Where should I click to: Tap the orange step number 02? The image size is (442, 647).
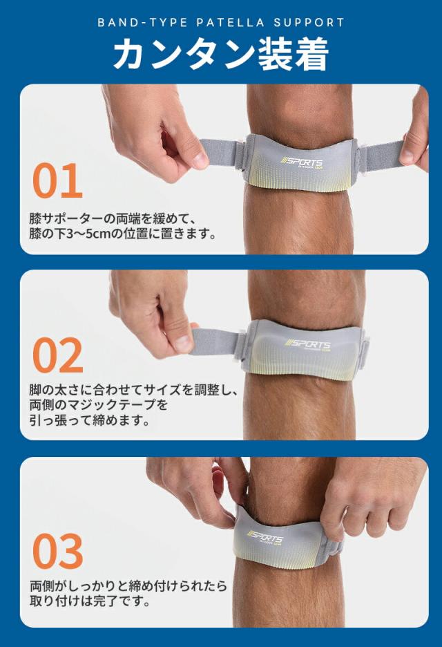58,357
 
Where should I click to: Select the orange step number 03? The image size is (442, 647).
58,551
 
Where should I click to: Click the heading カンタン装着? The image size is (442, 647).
220,55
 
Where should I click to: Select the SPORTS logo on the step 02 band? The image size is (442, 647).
309,346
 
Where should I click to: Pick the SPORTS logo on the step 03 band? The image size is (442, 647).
266,538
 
